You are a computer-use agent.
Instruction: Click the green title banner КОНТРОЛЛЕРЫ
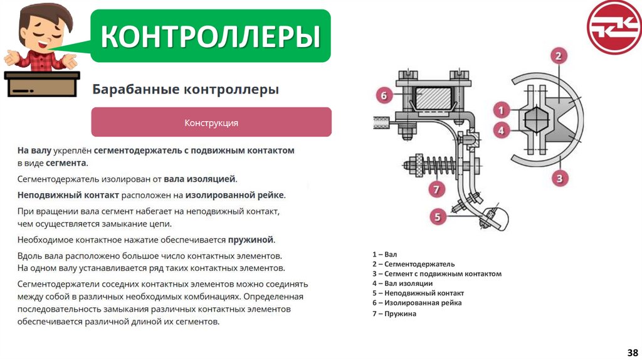pyautogui.click(x=211, y=36)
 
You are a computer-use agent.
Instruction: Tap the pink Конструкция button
pyautogui.click(x=211, y=122)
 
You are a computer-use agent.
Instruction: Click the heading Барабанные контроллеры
pyautogui.click(x=186, y=90)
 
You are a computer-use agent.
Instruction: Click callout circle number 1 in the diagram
pyautogui.click(x=500, y=110)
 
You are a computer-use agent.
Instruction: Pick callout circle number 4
pyautogui.click(x=500, y=130)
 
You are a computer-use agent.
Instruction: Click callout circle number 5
pyautogui.click(x=438, y=218)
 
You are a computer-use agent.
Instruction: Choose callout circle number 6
pyautogui.click(x=384, y=96)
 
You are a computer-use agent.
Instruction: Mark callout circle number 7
pyautogui.click(x=438, y=188)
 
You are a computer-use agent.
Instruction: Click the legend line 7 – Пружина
pyautogui.click(x=394, y=314)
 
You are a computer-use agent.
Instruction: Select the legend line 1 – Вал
pyautogui.click(x=384, y=254)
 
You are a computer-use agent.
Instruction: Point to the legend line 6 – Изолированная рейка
pyautogui.click(x=416, y=303)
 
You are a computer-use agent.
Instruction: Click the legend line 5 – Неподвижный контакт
pyautogui.click(x=418, y=293)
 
